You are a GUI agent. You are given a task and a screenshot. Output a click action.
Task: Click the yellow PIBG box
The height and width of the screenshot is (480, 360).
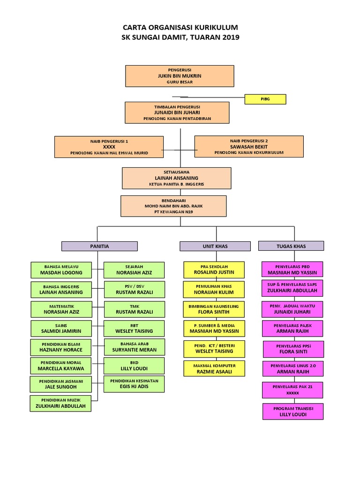[x=265, y=99]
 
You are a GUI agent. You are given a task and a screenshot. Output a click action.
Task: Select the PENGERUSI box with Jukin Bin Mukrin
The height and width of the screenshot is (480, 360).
[x=180, y=76]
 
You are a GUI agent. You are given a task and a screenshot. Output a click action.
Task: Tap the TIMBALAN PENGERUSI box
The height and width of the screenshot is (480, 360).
[x=177, y=112]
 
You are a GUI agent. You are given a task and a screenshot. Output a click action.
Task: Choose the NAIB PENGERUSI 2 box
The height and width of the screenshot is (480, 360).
[x=249, y=146]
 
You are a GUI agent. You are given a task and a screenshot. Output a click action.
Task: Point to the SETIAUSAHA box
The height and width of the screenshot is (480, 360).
[x=176, y=178]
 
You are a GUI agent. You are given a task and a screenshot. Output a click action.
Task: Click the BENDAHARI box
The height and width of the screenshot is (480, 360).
[x=173, y=206]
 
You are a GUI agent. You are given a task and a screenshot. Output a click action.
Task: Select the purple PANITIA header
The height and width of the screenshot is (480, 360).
[x=99, y=246]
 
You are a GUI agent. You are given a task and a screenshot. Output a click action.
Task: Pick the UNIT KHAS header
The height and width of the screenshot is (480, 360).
[x=215, y=246]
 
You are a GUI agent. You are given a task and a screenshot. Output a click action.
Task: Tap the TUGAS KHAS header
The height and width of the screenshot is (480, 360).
[x=291, y=246]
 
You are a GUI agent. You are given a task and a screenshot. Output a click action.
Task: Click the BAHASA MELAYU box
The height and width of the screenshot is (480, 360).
[x=61, y=270]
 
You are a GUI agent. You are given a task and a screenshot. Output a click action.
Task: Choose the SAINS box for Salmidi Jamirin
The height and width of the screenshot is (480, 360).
[x=61, y=328]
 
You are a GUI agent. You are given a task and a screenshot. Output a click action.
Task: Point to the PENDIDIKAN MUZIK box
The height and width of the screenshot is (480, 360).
[x=61, y=403]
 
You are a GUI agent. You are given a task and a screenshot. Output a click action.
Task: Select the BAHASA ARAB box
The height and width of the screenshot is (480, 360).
[x=135, y=347]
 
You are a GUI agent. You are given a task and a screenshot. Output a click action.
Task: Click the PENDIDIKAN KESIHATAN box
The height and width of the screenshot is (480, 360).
[x=135, y=384]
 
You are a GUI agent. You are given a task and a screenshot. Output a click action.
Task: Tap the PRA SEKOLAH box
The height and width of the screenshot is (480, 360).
[x=214, y=269]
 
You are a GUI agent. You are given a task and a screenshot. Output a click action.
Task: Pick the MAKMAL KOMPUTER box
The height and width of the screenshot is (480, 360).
[x=214, y=368]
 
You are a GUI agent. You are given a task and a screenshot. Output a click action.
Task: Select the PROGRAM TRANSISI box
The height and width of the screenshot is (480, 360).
[x=293, y=411]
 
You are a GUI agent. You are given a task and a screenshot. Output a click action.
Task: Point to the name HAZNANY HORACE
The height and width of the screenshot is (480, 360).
[x=61, y=350]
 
